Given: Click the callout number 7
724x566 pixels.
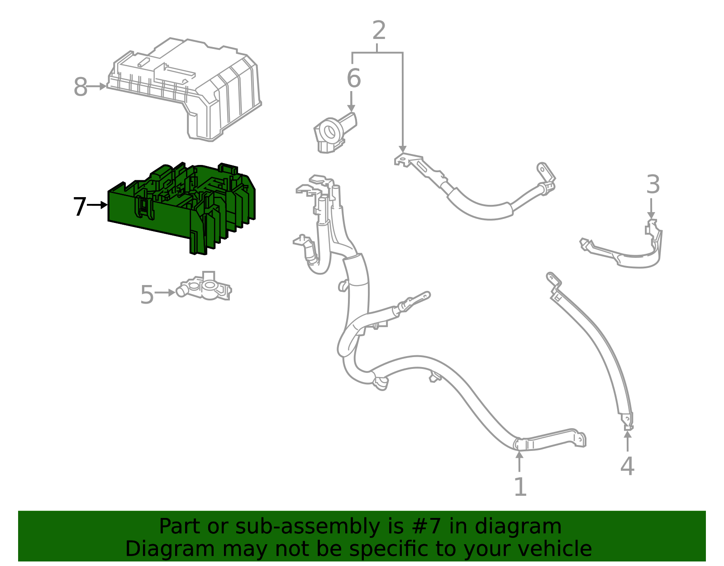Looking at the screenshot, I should click(79, 207).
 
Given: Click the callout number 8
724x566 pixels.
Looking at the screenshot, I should click(80, 87).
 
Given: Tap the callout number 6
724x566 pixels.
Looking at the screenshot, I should click(353, 78).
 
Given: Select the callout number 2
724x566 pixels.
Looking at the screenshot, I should click(379, 31).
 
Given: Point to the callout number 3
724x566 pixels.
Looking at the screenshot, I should click(653, 185).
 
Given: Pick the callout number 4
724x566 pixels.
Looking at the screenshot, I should click(627, 466).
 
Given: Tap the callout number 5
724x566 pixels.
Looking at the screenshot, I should click(147, 295).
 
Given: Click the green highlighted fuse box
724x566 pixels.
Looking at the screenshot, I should click(181, 208).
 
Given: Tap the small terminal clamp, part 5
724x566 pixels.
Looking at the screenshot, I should click(206, 288).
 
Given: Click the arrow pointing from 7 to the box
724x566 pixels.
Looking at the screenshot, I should click(97, 205).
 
